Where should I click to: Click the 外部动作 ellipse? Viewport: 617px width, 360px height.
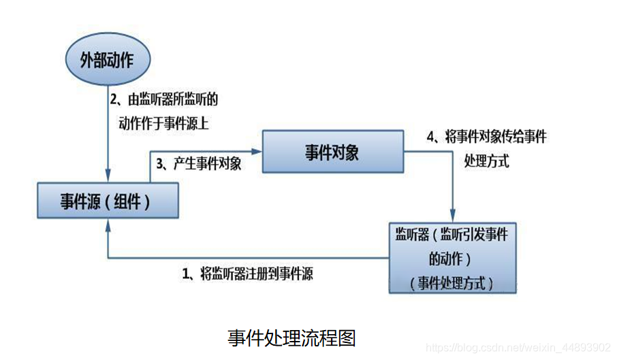[x=108, y=61]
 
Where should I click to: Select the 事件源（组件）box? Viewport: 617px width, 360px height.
[x=108, y=202]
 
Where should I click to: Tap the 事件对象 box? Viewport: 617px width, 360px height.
[x=332, y=152]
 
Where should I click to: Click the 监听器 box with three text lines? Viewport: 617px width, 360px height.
[x=452, y=257]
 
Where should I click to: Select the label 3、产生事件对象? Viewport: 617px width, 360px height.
[x=199, y=164]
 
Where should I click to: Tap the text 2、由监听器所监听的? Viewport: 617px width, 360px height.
[x=164, y=99]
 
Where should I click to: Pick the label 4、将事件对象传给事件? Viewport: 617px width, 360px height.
[x=489, y=137]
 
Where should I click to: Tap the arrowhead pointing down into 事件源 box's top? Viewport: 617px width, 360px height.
[x=108, y=178]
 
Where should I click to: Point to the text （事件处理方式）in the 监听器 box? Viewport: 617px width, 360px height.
[x=452, y=283]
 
